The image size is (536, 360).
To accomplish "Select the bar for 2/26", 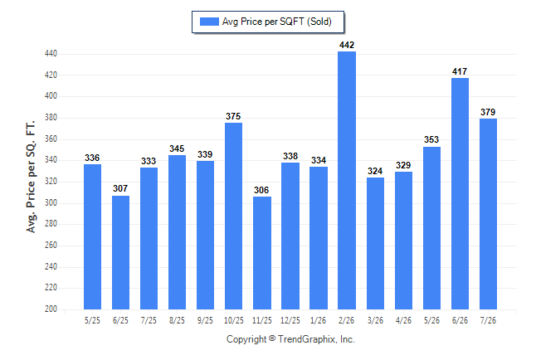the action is point(347,181).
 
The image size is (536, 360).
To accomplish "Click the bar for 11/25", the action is point(262,253).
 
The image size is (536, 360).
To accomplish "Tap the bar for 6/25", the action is point(120,253).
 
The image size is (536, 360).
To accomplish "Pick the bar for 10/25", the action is point(233,216).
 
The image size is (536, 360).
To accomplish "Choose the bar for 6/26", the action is point(460,193).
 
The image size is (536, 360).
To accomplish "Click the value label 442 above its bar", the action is point(347,45).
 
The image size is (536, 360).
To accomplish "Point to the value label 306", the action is point(261,190).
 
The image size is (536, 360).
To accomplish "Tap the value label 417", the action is point(460,71).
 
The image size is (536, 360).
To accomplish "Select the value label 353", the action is point(431,139).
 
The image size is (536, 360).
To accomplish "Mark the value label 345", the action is point(177,148).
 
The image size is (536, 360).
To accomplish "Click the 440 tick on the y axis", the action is point(51,54).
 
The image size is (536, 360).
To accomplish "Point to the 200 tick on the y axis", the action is point(51,309).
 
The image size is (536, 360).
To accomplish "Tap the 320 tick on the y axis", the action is point(51,181).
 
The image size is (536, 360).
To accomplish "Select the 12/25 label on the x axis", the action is point(290,320).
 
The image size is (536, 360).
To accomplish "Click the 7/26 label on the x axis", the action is point(488,320).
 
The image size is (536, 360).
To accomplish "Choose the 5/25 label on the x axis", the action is point(92,320).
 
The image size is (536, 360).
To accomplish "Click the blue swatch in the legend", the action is point(209,22).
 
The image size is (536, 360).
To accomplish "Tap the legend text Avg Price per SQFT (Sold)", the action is point(277,22).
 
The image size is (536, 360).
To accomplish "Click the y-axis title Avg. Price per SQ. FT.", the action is point(31,177).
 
